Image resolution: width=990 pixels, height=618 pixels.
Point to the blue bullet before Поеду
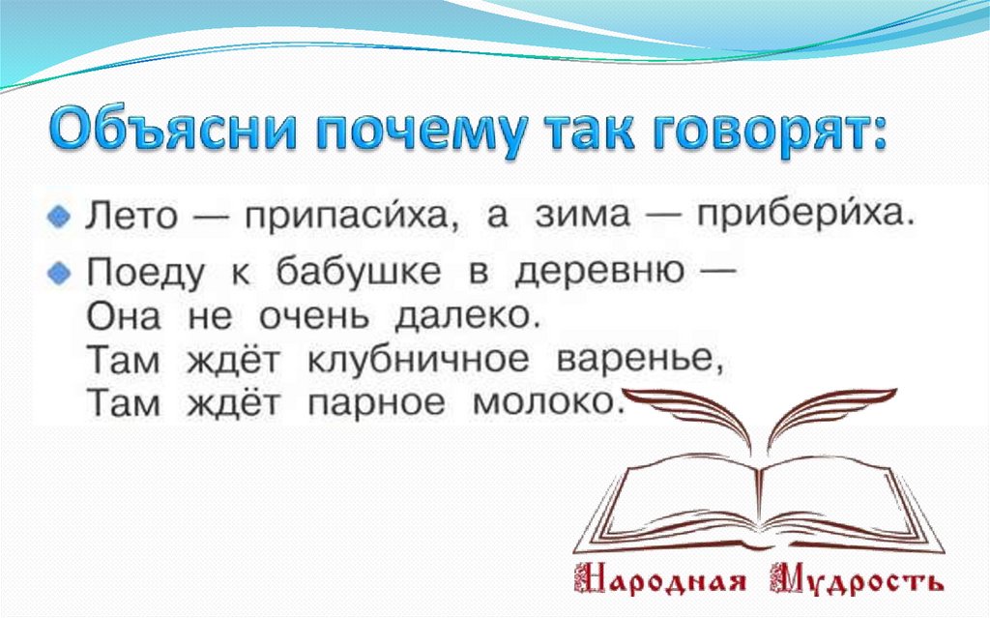[x=59, y=274]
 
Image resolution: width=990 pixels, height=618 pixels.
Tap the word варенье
[x=642, y=361]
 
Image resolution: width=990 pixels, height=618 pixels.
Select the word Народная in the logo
[x=660, y=583]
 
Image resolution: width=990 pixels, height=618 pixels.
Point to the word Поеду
[x=145, y=275]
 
